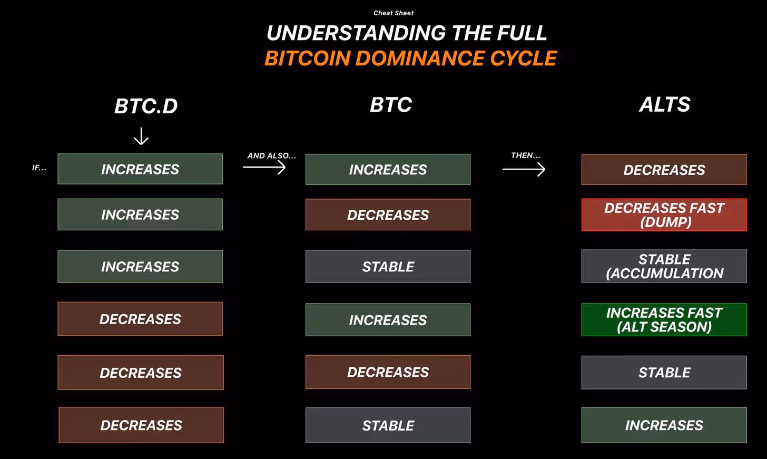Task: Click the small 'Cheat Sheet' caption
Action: [x=394, y=13]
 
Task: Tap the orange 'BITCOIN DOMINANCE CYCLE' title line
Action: [x=410, y=58]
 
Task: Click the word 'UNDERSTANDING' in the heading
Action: [x=356, y=33]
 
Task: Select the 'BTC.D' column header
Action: [x=146, y=106]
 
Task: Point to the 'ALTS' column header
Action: [x=665, y=104]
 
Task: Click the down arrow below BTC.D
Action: [x=141, y=136]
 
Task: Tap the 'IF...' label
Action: [x=39, y=168]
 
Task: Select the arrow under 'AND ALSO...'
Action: [x=264, y=167]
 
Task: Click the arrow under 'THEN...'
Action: [x=524, y=169]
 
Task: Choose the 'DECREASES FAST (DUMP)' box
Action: [x=664, y=215]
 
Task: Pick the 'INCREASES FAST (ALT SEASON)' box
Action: [x=664, y=319]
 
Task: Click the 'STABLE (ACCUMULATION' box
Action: [x=664, y=266]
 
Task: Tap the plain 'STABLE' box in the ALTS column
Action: [x=664, y=373]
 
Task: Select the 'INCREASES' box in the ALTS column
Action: [x=664, y=425]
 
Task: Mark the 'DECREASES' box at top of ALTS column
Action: [x=664, y=170]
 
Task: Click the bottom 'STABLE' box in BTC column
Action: [x=388, y=425]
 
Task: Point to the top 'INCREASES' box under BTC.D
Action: [x=140, y=169]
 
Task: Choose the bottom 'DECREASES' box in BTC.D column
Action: [x=141, y=425]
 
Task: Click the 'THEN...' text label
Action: [x=526, y=155]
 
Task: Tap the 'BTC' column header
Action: [x=391, y=104]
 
